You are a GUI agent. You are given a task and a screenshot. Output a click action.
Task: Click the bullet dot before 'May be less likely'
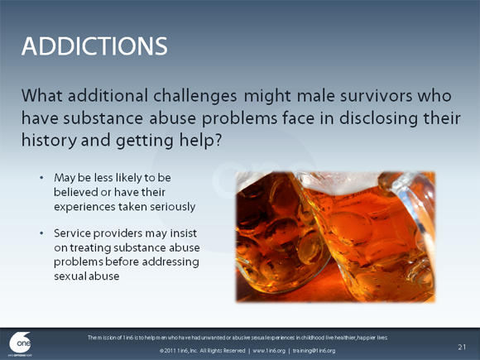coord(41,178)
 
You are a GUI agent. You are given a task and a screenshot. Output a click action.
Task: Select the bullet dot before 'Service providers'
coord(41,233)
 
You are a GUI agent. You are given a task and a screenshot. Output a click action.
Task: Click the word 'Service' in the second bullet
coord(74,233)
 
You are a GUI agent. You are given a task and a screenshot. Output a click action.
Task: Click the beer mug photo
coord(334,236)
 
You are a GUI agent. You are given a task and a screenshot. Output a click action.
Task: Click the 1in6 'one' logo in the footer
coord(21,343)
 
